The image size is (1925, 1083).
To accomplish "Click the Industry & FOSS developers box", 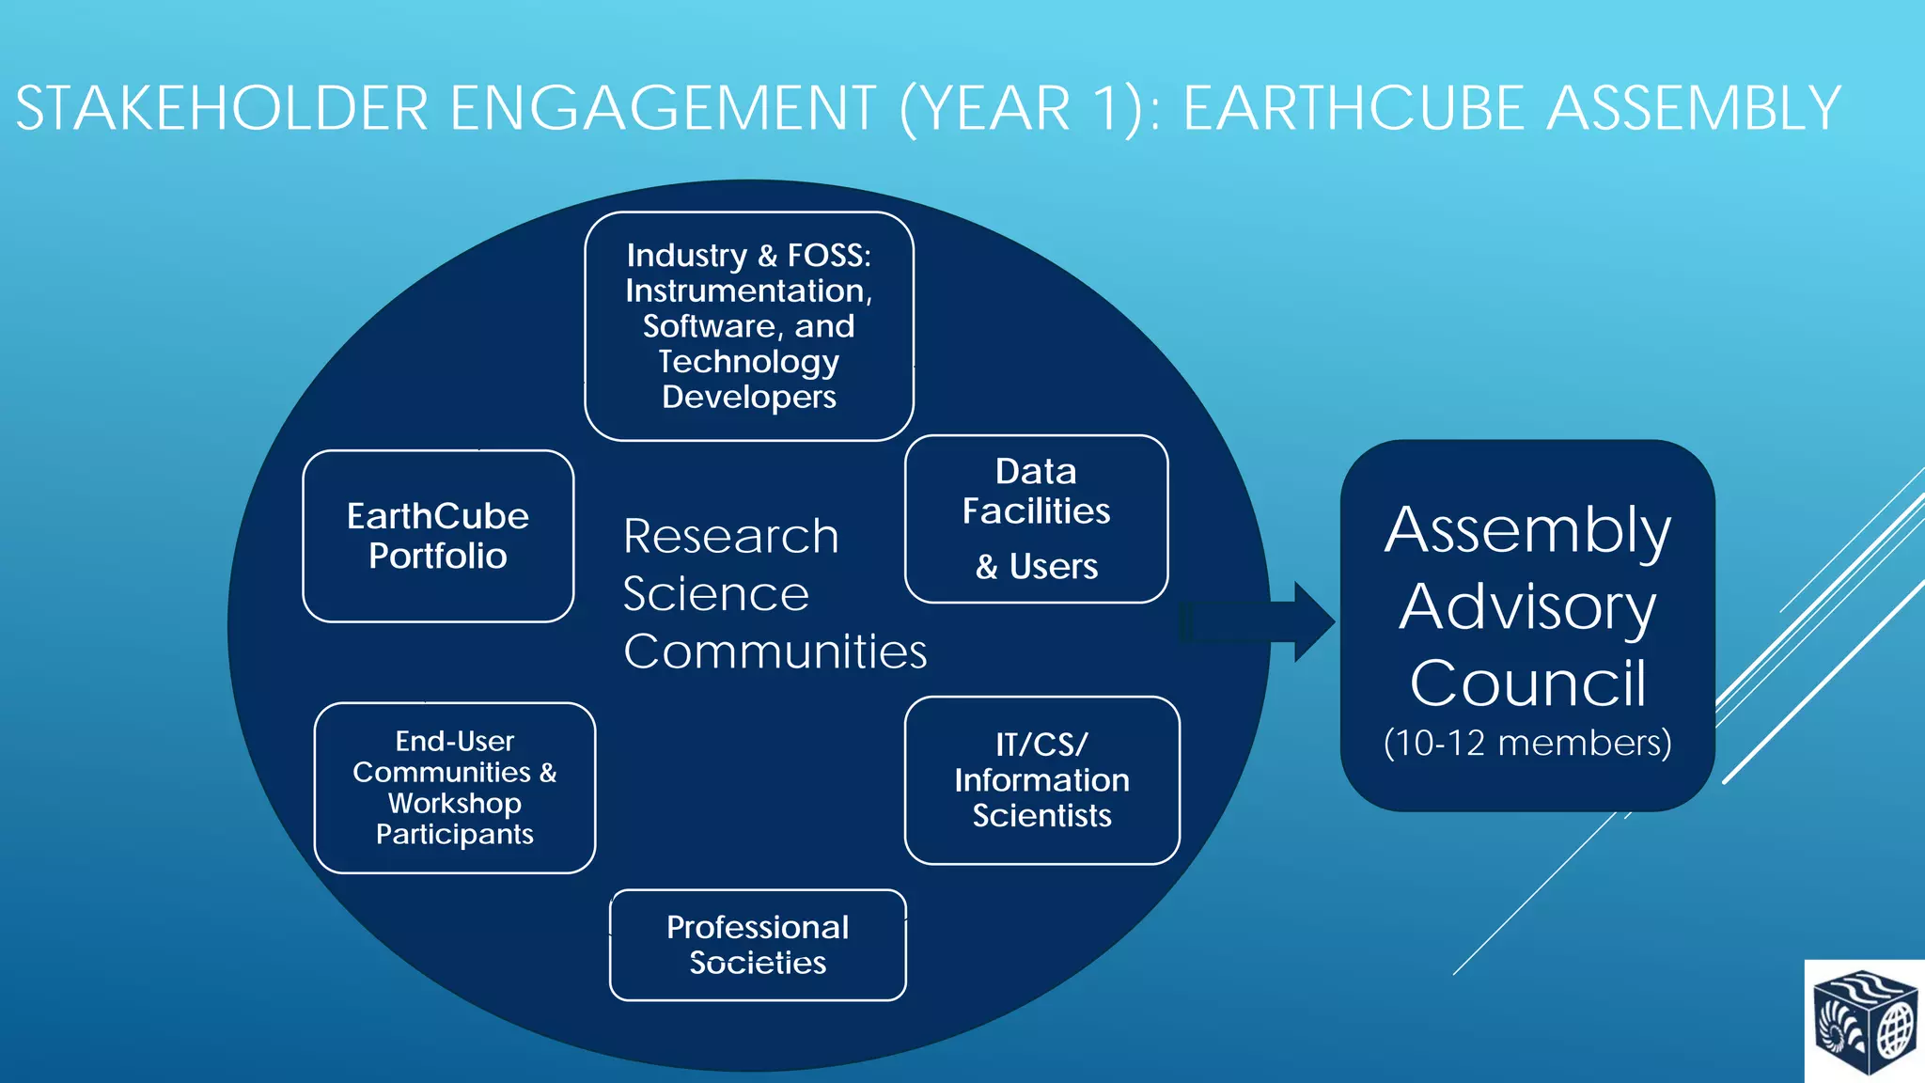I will click(748, 325).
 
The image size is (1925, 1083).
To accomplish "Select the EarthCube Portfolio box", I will click(438, 536).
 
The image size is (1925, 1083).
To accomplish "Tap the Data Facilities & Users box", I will click(1036, 519).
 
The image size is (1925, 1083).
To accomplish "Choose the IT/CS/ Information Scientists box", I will click(1041, 780).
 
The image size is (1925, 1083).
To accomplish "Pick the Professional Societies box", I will click(758, 945).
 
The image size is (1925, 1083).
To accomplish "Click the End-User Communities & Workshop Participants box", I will click(455, 788).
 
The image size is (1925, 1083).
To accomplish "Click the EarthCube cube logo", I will click(1865, 1023).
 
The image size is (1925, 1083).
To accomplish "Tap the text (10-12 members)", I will click(1527, 743).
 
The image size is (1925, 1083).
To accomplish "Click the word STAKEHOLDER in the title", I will click(222, 108).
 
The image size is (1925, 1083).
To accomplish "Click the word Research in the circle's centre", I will click(730, 537).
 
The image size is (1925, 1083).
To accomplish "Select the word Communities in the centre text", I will click(775, 651).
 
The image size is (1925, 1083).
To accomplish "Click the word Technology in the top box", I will click(748, 362).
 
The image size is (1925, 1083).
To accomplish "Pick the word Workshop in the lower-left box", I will click(455, 804).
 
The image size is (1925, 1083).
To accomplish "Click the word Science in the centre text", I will click(715, 594).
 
